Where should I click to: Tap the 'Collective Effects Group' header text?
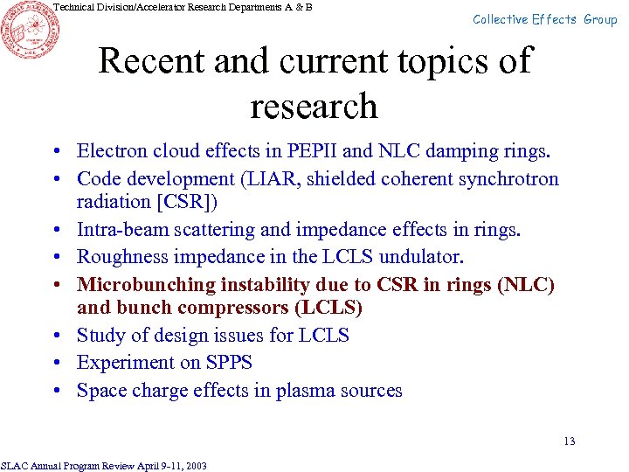[544, 19]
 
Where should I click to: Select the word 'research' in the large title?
[314, 107]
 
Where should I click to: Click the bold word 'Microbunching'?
[145, 285]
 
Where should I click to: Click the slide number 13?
[569, 441]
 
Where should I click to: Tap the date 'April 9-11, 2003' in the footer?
[171, 466]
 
